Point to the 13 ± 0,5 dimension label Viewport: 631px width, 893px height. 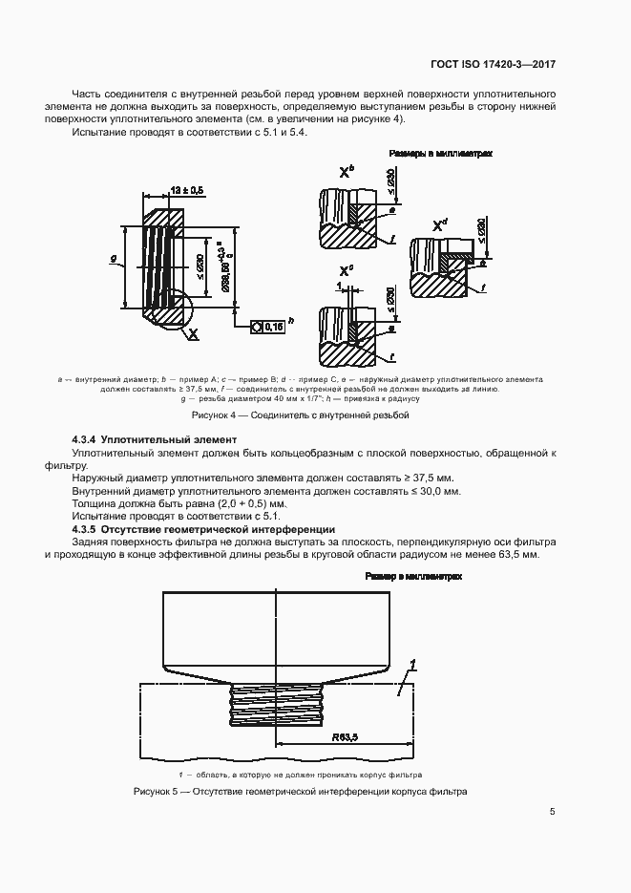[185, 191]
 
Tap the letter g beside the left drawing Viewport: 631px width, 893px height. [114, 258]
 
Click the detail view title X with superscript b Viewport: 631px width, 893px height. [346, 172]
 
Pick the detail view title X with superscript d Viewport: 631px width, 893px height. [440, 224]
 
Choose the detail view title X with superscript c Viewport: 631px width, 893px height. [346, 271]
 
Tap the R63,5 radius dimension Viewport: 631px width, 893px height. [345, 737]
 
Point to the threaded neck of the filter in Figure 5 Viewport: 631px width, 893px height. [276, 712]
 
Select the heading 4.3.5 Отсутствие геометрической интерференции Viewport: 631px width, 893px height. [203, 528]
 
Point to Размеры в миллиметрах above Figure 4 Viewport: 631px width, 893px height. [440, 153]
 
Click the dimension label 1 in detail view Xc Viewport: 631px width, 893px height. [338, 286]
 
